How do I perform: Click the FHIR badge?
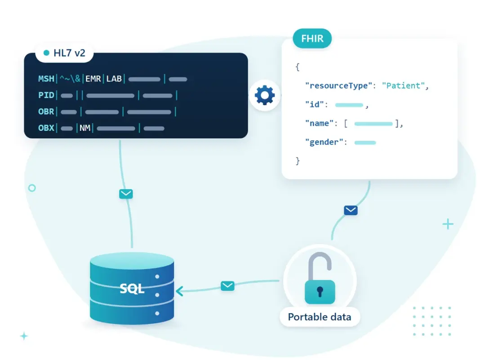(312, 39)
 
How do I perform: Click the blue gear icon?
(265, 95)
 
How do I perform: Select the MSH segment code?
(46, 79)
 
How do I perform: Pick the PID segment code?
(46, 95)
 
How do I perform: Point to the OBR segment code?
(46, 111)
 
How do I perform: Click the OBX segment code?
(46, 128)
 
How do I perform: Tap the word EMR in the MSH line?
(93, 79)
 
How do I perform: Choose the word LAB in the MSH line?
(114, 79)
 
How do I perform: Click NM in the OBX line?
(85, 128)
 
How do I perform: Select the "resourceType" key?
(338, 85)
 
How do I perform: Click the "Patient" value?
(403, 85)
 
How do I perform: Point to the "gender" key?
(324, 142)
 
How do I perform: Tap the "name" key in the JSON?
(319, 123)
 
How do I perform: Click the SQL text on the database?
(132, 289)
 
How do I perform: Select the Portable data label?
(320, 317)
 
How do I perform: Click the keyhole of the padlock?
(320, 292)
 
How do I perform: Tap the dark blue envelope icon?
(351, 211)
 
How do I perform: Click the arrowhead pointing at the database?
(179, 291)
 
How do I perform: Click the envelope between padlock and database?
(227, 286)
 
